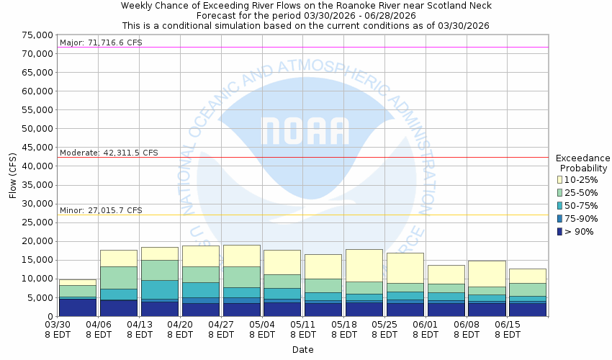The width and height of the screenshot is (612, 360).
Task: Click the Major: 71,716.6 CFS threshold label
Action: click(x=101, y=42)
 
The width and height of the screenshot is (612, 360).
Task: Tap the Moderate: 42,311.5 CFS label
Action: click(x=109, y=153)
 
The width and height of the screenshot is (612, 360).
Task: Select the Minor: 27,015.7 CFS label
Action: click(x=101, y=210)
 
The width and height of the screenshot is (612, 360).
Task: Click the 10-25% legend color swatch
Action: click(x=561, y=179)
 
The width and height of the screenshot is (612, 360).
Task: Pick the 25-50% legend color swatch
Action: click(x=561, y=192)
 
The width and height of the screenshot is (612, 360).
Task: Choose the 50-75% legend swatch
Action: click(x=561, y=205)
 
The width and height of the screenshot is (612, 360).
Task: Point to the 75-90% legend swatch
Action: click(x=561, y=218)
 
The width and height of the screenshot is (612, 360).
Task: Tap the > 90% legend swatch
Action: click(x=561, y=231)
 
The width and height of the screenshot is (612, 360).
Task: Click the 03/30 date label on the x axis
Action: click(x=58, y=325)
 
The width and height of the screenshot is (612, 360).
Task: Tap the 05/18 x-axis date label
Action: click(x=344, y=325)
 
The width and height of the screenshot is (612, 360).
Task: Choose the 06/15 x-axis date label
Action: click(x=508, y=325)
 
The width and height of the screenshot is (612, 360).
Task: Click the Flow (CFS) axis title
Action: click(x=13, y=176)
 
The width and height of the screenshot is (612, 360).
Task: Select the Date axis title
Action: click(x=302, y=350)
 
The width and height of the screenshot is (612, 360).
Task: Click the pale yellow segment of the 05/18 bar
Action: click(x=364, y=265)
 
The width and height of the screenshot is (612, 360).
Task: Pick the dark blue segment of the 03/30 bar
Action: click(x=78, y=307)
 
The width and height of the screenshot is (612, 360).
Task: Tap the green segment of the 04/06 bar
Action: click(x=118, y=277)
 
